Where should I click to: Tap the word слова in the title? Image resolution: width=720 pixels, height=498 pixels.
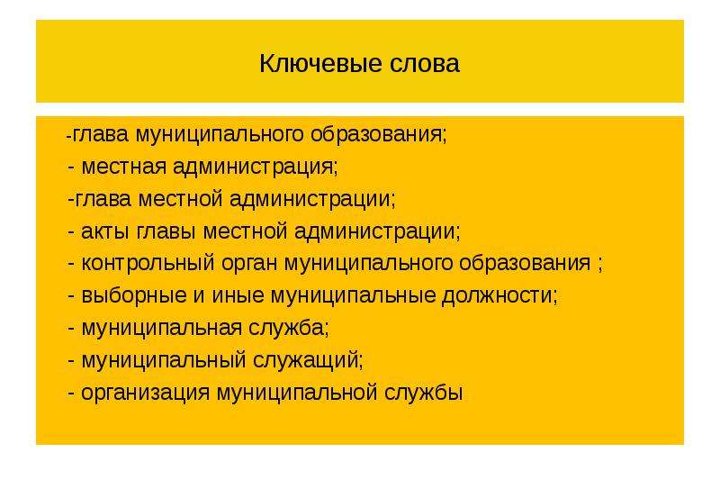click(425, 63)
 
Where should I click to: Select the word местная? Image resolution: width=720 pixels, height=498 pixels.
click(123, 167)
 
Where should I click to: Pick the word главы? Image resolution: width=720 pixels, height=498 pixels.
click(166, 231)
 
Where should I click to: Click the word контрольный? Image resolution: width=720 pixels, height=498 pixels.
click(148, 264)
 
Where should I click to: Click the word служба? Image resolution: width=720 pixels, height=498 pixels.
click(289, 328)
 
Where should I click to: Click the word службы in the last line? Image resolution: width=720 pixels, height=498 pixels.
click(423, 393)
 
